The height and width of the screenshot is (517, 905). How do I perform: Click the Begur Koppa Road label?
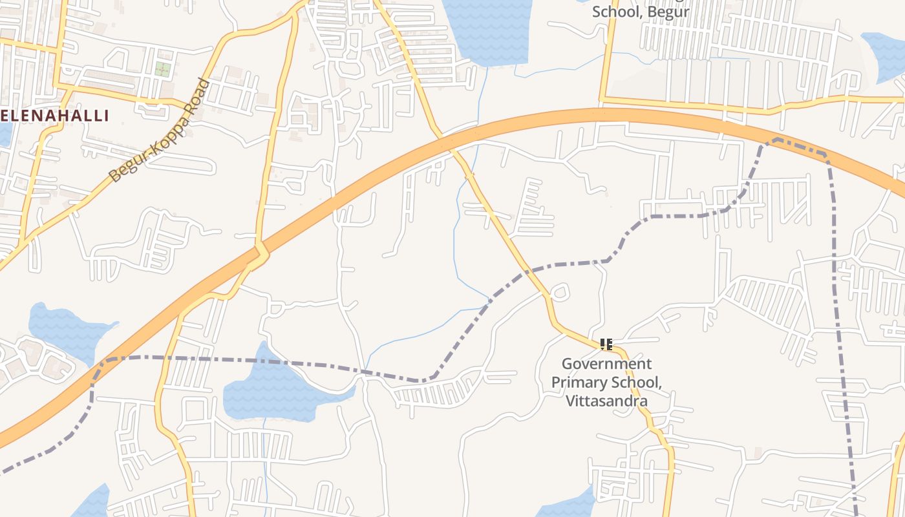160,131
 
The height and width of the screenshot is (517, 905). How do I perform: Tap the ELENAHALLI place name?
54,116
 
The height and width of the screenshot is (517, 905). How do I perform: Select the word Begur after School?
666,12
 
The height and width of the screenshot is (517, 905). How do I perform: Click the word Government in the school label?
606,363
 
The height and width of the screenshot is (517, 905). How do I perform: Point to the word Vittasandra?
606,401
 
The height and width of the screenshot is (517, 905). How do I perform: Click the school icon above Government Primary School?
606,344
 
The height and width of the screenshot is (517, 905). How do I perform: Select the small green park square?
162,69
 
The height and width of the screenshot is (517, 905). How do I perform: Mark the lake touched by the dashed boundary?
278,388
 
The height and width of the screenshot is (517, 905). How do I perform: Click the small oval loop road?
560,292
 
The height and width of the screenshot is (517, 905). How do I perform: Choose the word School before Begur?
615,12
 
